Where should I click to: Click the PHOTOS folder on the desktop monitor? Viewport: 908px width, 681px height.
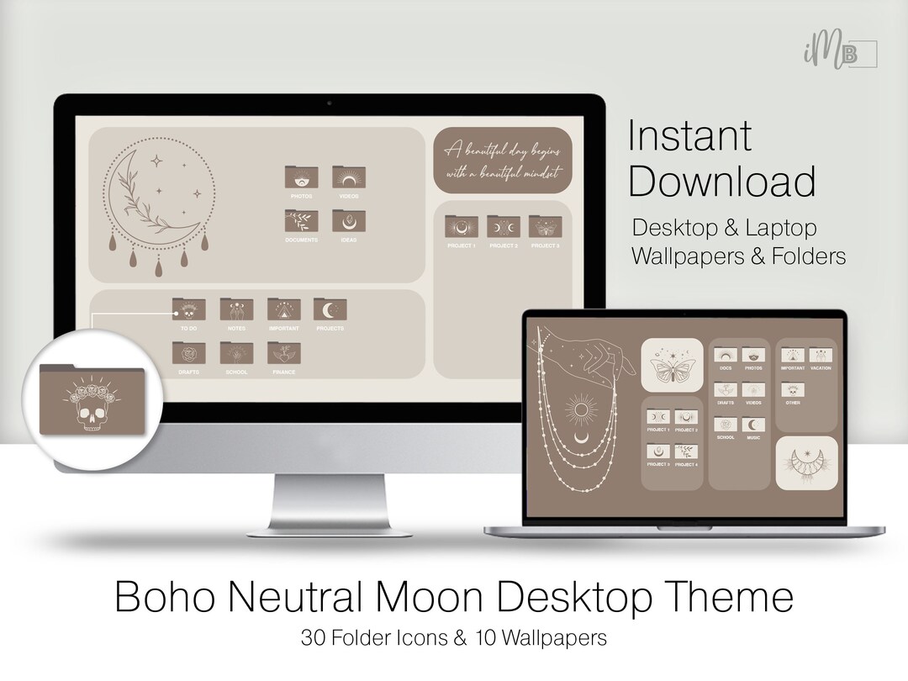[301, 177]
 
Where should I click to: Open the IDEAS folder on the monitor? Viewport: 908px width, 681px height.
[349, 221]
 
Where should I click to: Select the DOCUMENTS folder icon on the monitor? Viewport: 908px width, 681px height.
[301, 221]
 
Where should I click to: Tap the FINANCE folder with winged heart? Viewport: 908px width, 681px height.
[284, 353]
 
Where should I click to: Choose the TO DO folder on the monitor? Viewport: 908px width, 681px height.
[188, 309]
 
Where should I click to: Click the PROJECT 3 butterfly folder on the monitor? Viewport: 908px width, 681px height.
[545, 226]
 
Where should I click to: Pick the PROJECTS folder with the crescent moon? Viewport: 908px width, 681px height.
[330, 309]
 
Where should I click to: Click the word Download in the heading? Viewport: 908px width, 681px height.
[722, 182]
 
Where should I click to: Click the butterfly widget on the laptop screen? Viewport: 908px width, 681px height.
[671, 364]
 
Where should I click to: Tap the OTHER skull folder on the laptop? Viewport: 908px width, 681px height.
[793, 391]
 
